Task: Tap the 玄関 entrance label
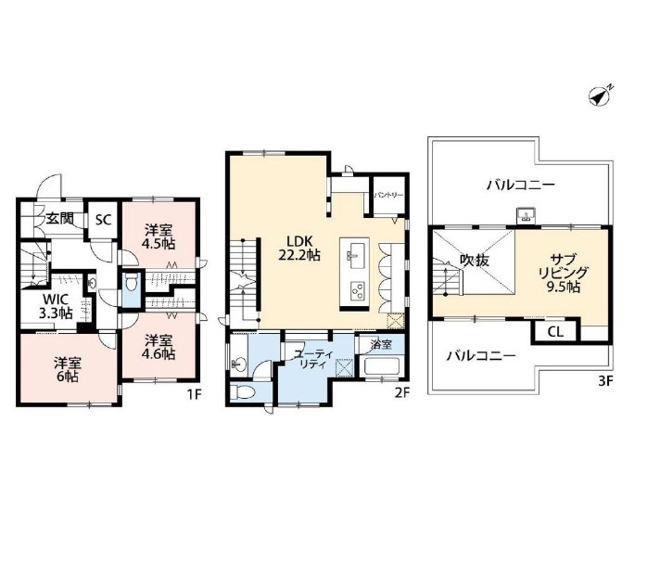point(59,218)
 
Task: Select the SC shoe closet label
point(104,220)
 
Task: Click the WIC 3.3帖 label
point(56,306)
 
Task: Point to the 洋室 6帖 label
point(67,370)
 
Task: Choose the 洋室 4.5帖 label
point(158,236)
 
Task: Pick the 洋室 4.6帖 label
point(159,347)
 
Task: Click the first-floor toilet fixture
point(132,283)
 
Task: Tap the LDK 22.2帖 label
point(298,249)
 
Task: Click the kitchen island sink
point(354,253)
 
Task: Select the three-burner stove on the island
point(356,290)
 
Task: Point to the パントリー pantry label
point(388,195)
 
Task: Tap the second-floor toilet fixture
point(244,392)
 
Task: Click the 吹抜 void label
point(475,261)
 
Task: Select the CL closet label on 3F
point(556,331)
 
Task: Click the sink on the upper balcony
point(526,215)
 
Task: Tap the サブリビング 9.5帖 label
point(564,274)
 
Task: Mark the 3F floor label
point(605,381)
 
